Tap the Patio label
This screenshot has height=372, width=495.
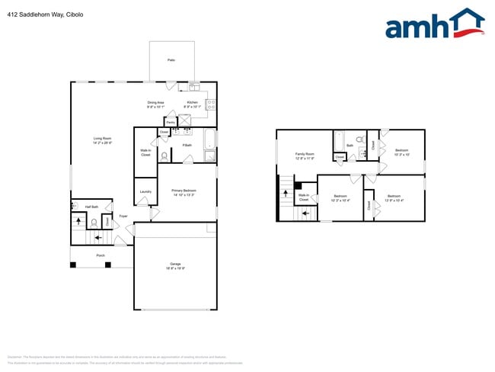[171, 59]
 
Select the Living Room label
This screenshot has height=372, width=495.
[102, 139]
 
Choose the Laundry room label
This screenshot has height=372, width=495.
[145, 191]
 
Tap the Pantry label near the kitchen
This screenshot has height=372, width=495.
[171, 121]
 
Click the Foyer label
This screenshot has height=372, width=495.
[123, 216]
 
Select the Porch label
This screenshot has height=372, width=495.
[101, 255]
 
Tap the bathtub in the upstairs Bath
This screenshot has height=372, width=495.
[340, 143]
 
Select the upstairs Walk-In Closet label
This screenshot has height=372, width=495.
[304, 197]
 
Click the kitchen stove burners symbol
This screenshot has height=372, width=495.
[209, 107]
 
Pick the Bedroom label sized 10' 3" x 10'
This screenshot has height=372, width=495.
[401, 151]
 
